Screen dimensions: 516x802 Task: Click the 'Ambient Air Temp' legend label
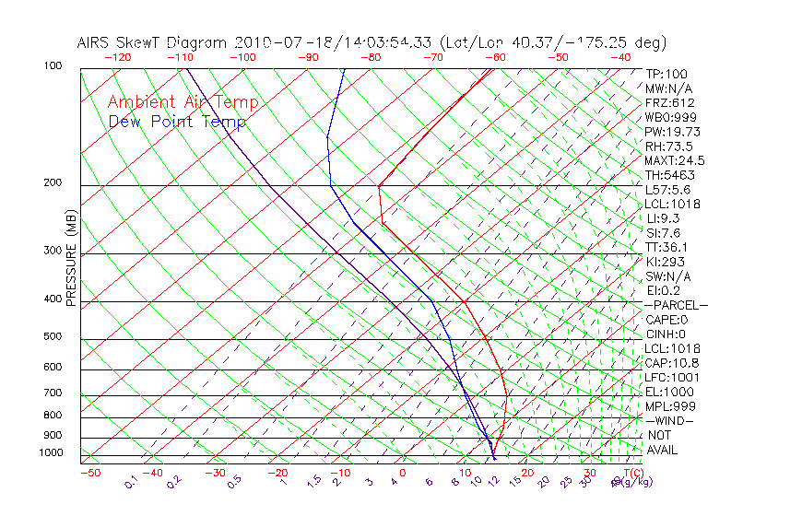coord(183,102)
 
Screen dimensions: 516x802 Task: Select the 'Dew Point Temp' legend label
coord(177,122)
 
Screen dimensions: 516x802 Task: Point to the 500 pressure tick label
coord(53,337)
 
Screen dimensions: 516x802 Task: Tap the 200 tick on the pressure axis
coord(53,183)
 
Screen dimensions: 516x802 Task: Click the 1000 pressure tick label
coord(51,453)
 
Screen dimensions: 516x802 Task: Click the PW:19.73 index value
coord(672,132)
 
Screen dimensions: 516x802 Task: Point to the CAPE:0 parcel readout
coord(669,320)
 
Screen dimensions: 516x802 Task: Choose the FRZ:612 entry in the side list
coord(669,103)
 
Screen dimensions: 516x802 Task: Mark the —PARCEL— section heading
coord(676,305)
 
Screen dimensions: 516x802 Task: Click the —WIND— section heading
coord(669,420)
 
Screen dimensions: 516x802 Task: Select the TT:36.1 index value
coord(667,247)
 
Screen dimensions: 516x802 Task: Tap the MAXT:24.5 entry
coord(674,160)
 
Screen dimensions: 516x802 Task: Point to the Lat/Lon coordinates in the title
coord(553,42)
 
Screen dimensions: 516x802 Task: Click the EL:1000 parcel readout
coord(669,392)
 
